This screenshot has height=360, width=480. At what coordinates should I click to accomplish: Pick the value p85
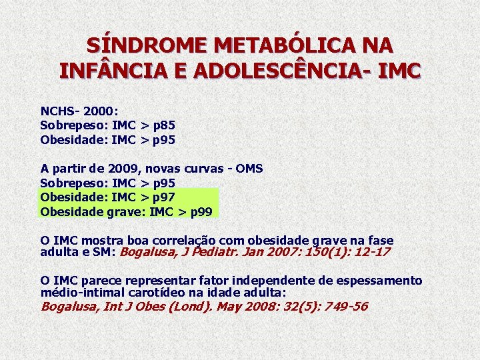point(163,125)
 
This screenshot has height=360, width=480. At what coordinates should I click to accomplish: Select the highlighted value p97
point(163,198)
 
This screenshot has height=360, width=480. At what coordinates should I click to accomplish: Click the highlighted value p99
point(201,213)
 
